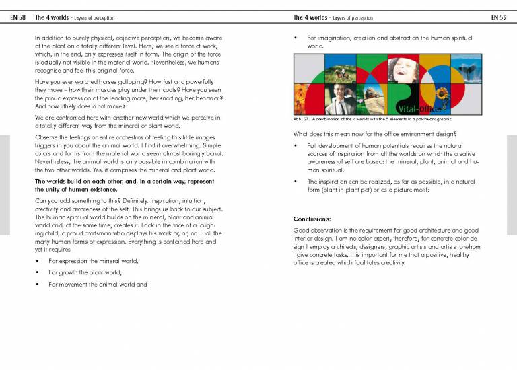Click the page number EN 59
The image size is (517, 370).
click(499, 17)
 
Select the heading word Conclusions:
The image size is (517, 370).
click(312, 219)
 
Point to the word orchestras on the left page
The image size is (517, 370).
click(107, 138)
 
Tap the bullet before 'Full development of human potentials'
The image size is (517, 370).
click(297, 145)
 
